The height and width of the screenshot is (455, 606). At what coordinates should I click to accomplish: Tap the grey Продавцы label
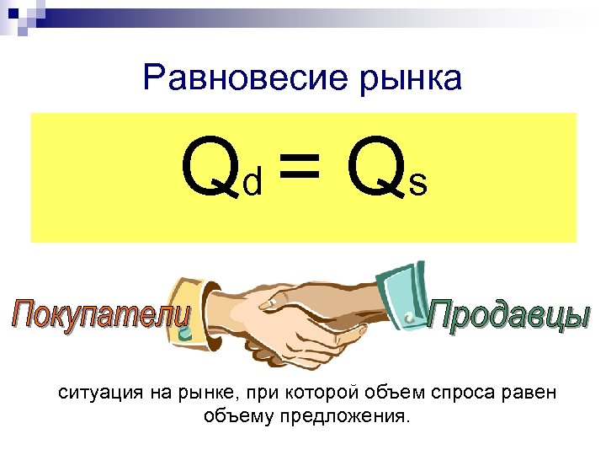[x=509, y=315]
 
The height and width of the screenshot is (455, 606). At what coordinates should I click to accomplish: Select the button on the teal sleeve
[x=409, y=318]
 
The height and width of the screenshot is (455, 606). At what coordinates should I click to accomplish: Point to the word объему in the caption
[x=235, y=416]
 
